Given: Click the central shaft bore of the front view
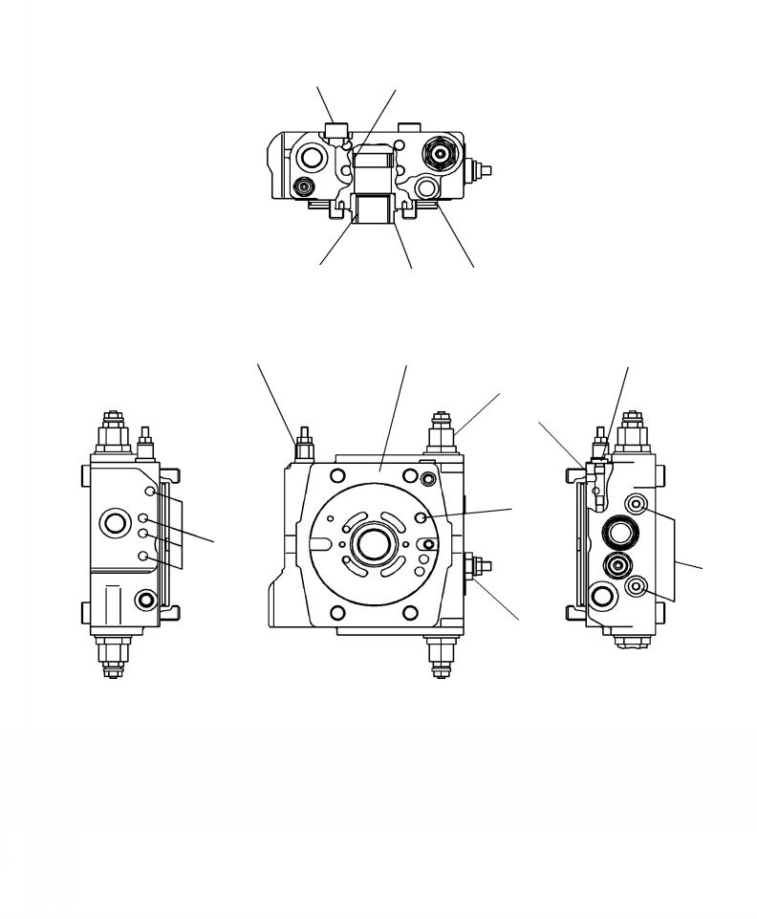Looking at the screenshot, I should point(369,545).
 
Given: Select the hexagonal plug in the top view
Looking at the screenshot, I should point(441,153).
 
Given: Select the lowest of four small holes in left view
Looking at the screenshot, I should point(143,556).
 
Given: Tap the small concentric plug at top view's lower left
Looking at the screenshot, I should point(304,186).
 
